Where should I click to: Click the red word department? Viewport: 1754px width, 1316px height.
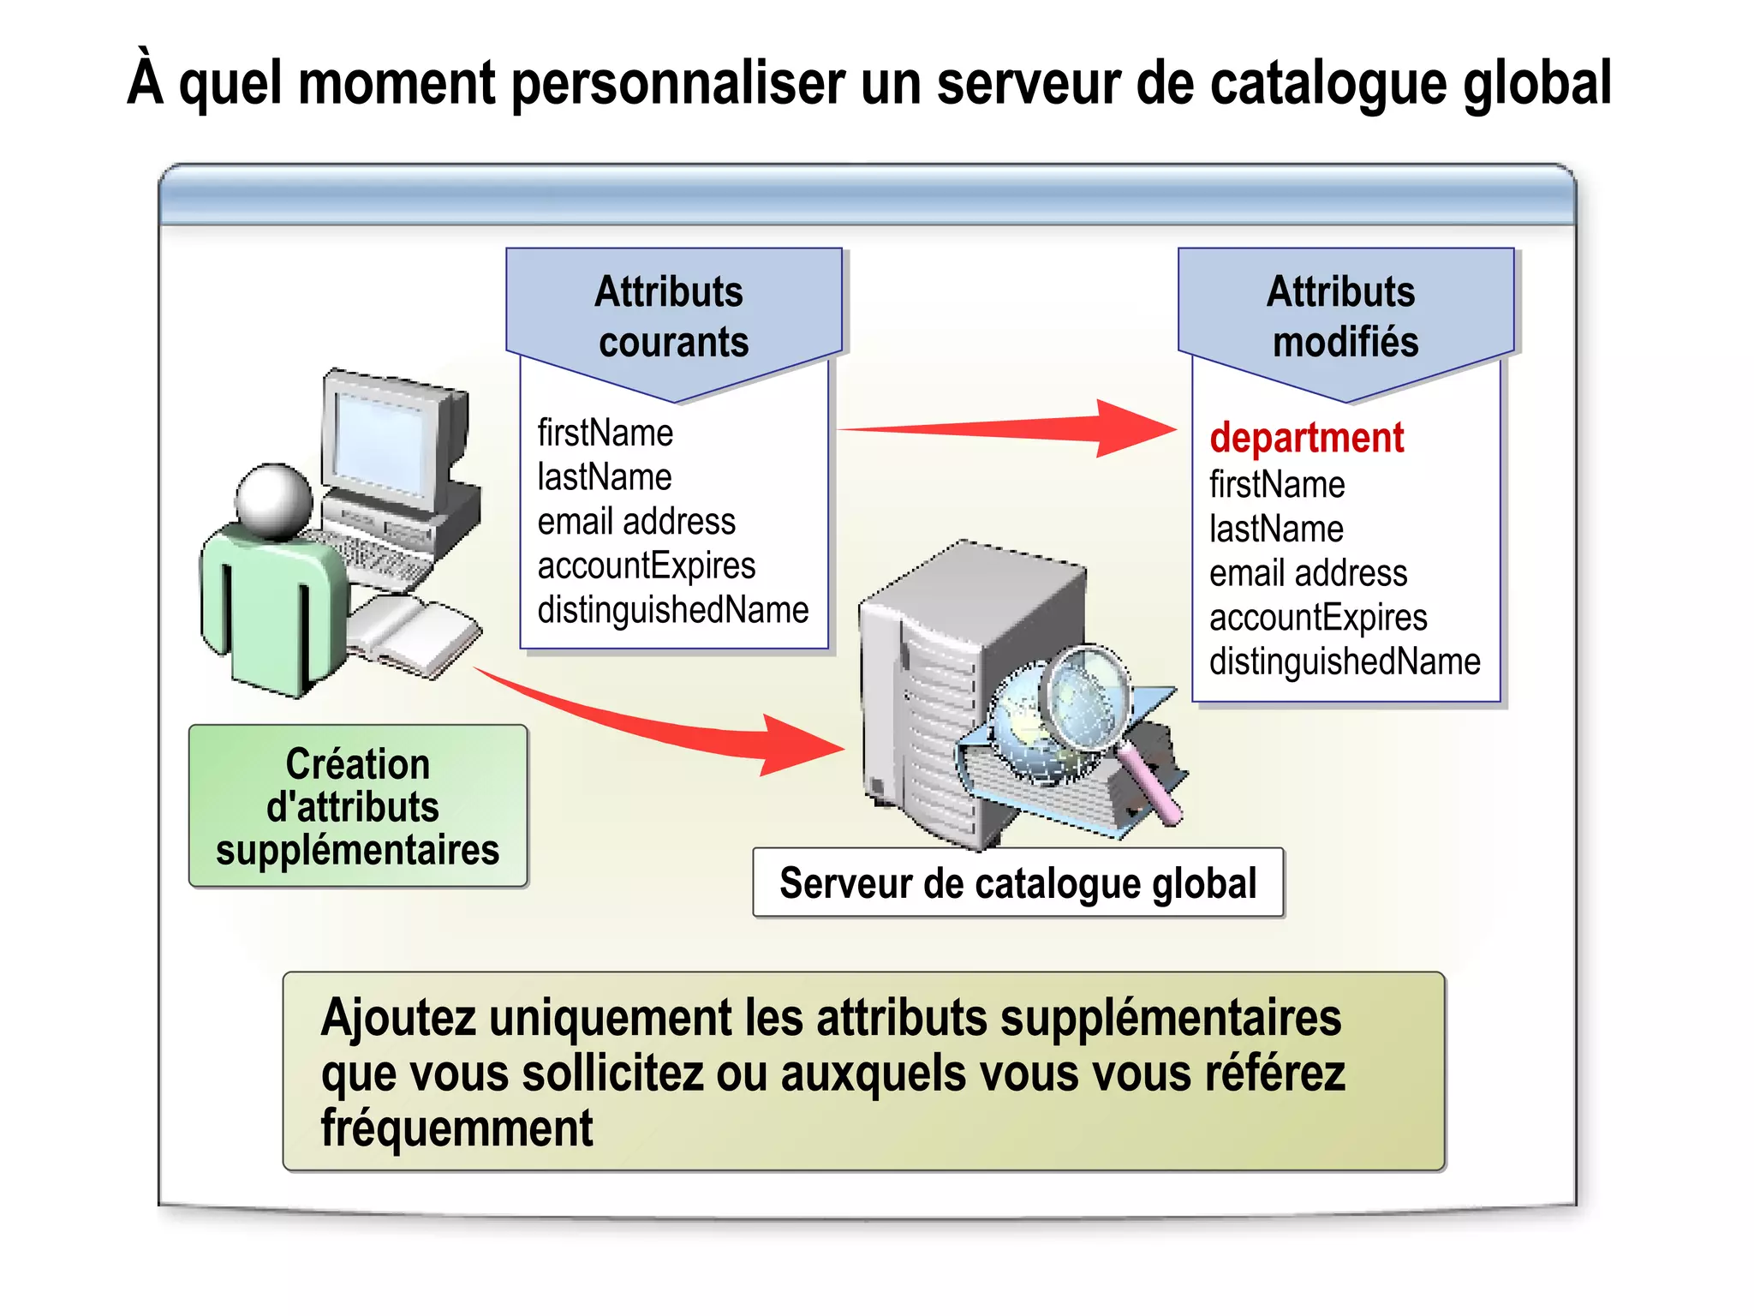click(1306, 438)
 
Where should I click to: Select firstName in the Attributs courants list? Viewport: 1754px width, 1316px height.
click(605, 433)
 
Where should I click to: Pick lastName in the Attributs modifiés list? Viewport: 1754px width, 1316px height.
click(1276, 529)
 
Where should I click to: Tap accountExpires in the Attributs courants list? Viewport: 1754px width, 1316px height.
click(647, 565)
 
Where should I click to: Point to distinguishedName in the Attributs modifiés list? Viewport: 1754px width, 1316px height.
click(1345, 661)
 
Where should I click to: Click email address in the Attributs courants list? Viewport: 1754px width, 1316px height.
click(636, 521)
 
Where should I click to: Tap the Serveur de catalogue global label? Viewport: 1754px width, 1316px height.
click(1017, 883)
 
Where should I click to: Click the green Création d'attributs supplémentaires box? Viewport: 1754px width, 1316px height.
click(358, 806)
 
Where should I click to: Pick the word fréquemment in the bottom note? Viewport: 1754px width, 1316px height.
click(456, 1128)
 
